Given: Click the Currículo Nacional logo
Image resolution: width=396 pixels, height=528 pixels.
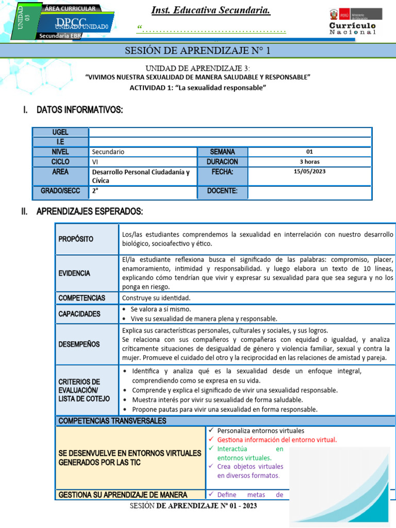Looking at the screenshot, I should tap(353, 21).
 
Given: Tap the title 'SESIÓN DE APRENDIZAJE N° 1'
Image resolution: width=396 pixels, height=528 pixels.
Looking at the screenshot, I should tap(197, 51).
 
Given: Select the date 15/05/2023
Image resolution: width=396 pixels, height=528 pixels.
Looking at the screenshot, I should tap(309, 172).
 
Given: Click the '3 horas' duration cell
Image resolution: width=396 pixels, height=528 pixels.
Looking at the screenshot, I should tap(309, 161).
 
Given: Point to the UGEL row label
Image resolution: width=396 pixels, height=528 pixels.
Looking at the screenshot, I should tap(60, 132).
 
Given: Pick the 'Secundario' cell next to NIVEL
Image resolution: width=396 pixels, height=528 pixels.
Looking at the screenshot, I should tap(108, 152).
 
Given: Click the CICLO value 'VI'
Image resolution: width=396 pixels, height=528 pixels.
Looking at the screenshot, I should tap(95, 162).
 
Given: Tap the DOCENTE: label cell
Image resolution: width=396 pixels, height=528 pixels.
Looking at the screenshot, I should tap(222, 191).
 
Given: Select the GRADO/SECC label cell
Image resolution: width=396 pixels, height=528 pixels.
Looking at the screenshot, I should tap(60, 191).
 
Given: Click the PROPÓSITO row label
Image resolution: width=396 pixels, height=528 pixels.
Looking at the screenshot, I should tap(76, 239).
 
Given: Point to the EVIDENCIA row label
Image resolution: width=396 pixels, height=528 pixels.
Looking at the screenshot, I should tap(74, 273).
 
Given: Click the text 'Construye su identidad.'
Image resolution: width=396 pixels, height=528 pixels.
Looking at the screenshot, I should tap(156, 298).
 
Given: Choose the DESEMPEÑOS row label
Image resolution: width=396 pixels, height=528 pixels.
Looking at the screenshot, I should tap(79, 344).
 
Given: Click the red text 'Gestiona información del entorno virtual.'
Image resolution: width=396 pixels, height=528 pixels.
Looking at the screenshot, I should tap(277, 440).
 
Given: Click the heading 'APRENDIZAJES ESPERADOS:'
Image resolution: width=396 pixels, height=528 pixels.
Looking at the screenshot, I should tap(89, 212).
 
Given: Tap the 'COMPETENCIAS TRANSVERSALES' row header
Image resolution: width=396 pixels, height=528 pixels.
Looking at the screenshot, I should tap(112, 421).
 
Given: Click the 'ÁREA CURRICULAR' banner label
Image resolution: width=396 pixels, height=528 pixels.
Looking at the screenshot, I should tap(70, 9).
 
